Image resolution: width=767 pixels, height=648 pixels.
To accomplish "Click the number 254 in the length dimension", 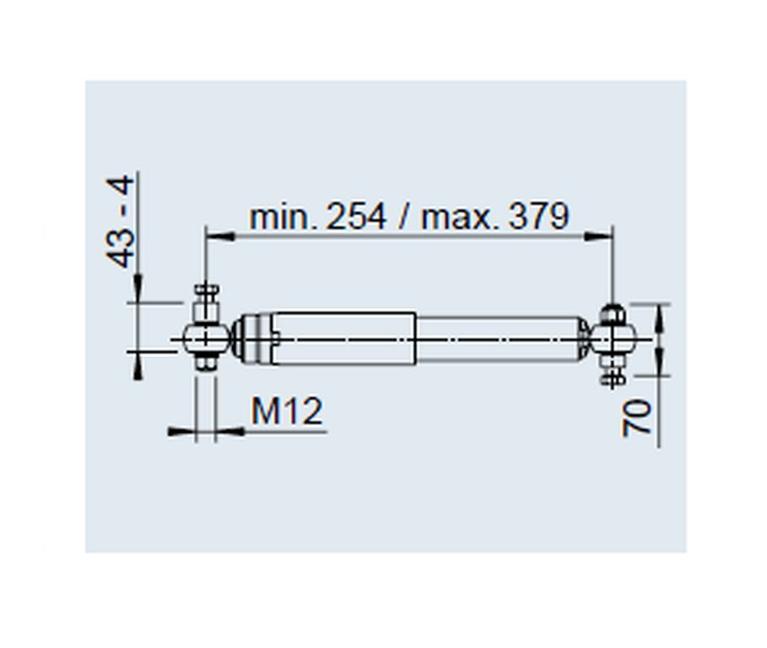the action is click(x=356, y=216).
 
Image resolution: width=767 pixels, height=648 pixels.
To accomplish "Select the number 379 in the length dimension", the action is click(x=539, y=216).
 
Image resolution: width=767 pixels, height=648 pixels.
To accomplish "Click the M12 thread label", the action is click(x=287, y=411).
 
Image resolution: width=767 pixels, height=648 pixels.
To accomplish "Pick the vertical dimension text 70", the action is click(x=637, y=417).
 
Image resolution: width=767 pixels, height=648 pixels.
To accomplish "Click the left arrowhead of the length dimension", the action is click(x=220, y=237).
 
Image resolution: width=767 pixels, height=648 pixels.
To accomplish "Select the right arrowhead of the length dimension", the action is click(x=597, y=237).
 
